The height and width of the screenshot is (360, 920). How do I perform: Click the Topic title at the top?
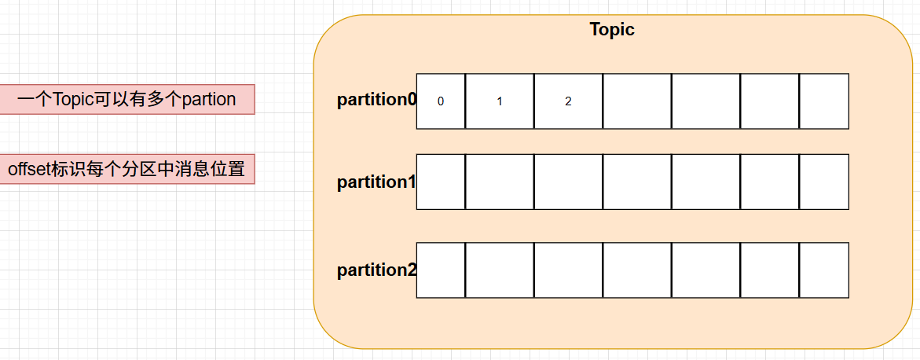coord(612,30)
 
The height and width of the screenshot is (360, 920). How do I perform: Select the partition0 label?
coord(376,101)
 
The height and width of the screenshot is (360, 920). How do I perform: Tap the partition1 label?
coord(376,182)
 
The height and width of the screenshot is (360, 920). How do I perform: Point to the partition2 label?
coord(376,270)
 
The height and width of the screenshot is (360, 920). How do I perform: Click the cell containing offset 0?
coord(441,101)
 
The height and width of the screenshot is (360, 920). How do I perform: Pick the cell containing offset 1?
coord(500,101)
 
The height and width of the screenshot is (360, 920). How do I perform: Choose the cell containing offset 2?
coord(568,101)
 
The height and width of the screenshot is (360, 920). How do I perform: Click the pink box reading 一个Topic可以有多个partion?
coord(126,99)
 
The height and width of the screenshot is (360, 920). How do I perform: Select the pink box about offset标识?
coord(126,169)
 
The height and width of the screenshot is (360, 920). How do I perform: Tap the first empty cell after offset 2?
coord(637,101)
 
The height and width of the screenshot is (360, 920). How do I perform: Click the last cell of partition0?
coord(824,101)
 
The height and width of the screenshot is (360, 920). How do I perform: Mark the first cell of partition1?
coord(441,182)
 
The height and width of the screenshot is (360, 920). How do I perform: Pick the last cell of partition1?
coord(824,182)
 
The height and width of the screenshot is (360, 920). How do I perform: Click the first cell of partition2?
coord(441,270)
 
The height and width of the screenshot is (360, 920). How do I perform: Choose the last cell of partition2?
coord(824,270)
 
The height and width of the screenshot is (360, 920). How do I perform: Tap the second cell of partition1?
coord(500,182)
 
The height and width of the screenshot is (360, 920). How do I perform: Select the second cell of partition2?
coord(500,270)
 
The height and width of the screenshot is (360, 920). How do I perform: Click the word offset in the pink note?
coord(28,169)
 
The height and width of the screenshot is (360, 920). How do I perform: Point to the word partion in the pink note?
coord(209,100)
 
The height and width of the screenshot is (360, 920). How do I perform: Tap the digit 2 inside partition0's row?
coord(568,101)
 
